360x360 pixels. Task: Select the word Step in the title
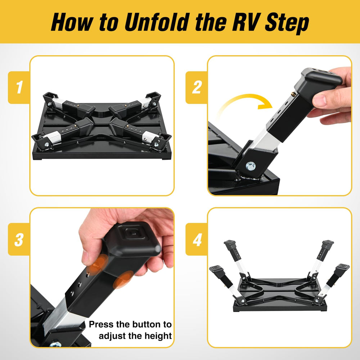point(287,23)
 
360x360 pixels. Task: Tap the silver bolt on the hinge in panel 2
point(250,166)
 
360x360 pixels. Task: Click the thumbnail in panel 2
point(319,100)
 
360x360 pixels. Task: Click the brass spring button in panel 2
point(293,94)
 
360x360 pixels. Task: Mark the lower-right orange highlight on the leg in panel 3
point(123,279)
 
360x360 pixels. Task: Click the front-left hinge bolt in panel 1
point(47,144)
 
